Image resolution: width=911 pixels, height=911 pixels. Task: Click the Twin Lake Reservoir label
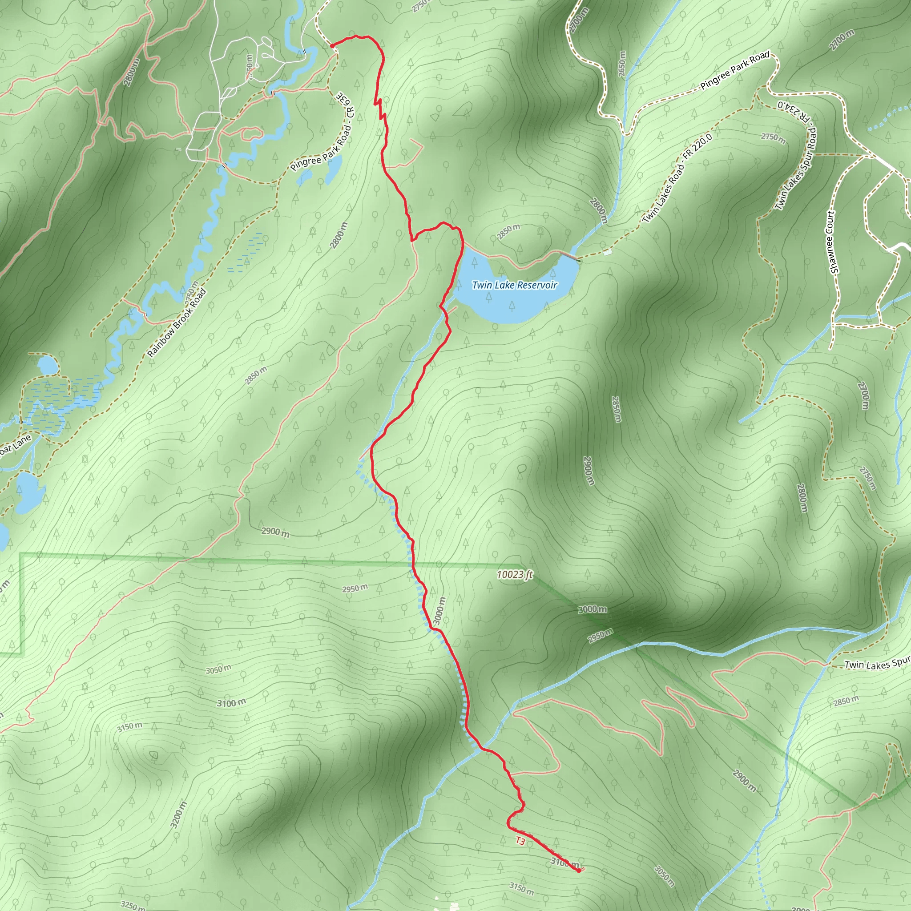coord(515,285)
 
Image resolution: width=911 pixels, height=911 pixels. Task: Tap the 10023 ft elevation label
coord(515,574)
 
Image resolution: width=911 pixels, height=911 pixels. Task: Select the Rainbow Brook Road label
coord(177,323)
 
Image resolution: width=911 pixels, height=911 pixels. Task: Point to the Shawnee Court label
coord(833,242)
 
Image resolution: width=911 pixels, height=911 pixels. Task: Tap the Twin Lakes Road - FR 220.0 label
coord(677,178)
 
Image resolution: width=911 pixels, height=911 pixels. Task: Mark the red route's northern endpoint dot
coord(332,46)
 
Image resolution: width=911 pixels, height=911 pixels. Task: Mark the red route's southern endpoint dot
coord(579,871)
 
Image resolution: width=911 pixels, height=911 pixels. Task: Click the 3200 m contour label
coord(179,815)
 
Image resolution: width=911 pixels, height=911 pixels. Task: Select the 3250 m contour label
coord(133,904)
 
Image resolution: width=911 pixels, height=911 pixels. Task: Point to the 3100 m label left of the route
coord(231,703)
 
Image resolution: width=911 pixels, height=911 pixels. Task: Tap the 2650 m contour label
coord(622,64)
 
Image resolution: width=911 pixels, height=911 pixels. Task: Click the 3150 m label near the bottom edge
coord(521,888)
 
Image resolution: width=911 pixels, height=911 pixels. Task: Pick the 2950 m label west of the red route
coord(355,589)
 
